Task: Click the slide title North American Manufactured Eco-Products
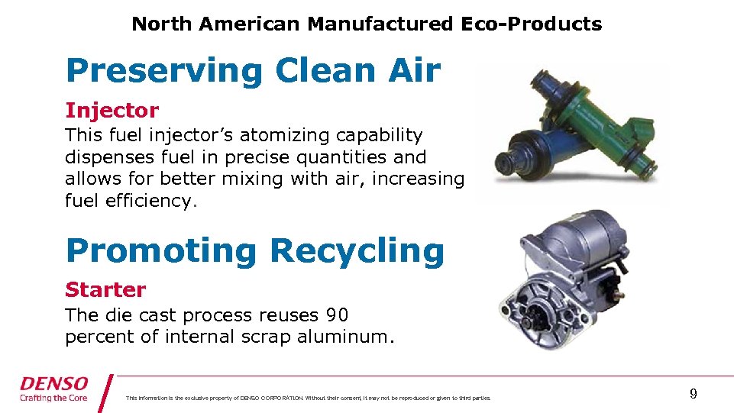click(x=367, y=24)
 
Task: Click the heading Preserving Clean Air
click(x=253, y=71)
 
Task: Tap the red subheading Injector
click(x=112, y=111)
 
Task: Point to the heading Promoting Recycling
click(x=254, y=250)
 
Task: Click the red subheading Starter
click(x=105, y=290)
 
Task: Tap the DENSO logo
click(x=54, y=383)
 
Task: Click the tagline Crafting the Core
click(x=54, y=398)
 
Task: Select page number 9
click(x=693, y=394)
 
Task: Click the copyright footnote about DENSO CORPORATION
click(x=309, y=398)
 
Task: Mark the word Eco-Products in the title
click(x=531, y=24)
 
